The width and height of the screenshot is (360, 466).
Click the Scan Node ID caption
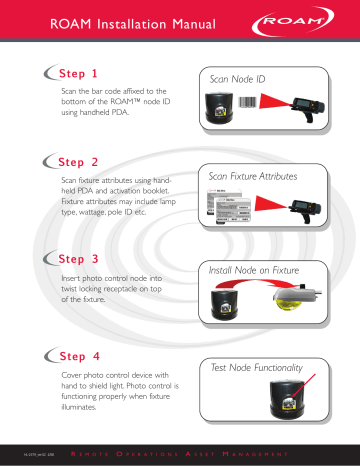[x=238, y=77]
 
